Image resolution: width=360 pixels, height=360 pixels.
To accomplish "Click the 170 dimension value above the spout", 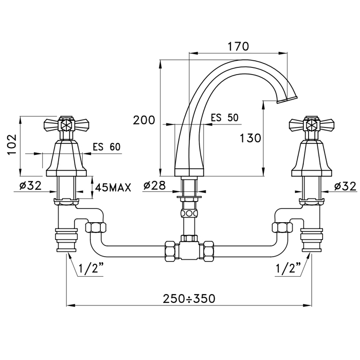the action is (238, 46).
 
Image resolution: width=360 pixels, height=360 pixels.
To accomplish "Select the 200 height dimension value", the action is (144, 120).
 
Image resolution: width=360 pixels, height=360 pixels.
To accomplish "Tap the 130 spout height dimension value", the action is (250, 138).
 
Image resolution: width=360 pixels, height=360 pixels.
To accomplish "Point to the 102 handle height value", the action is (12, 145).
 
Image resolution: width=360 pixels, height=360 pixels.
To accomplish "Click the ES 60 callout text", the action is (106, 147).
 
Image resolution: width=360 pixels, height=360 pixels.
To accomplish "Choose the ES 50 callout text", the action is (225, 118).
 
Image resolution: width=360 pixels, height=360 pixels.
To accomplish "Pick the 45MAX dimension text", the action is (113, 188).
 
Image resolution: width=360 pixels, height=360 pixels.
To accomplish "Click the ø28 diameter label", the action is (154, 186).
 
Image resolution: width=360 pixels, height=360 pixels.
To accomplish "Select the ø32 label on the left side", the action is (30, 186).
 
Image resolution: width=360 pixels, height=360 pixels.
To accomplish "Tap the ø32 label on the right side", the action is (345, 186).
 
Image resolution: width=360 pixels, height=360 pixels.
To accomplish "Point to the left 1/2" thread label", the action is (91, 267).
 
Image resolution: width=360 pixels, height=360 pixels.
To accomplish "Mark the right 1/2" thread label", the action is (288, 267).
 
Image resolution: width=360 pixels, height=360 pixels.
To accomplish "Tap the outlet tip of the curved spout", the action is (287, 100).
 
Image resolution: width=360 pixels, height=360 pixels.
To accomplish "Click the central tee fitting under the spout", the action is (189, 249).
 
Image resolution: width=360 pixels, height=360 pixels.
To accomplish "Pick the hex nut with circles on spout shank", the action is (189, 213).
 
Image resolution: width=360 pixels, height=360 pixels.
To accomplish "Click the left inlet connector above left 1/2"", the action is (66, 240).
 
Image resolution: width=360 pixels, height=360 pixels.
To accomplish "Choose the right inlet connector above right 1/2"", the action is (312, 240).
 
